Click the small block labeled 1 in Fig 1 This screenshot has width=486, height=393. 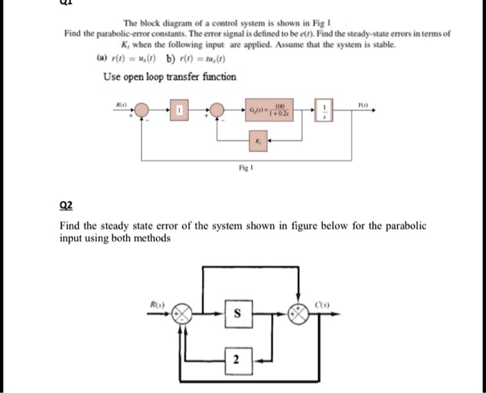(x=179, y=110)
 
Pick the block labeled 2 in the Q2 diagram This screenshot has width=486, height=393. (x=236, y=360)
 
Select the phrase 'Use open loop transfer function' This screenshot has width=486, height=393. (x=169, y=76)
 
